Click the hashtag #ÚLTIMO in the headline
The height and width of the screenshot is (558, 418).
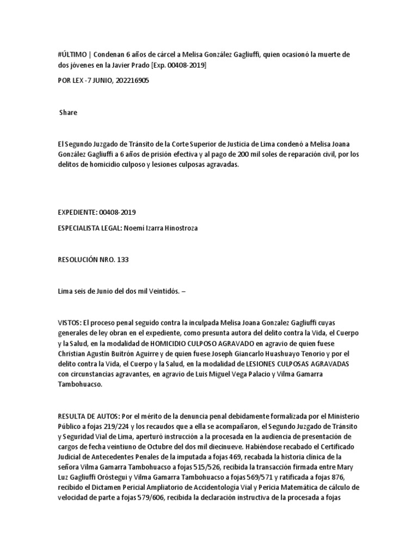[72, 54]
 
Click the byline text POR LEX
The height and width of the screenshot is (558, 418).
[70, 81]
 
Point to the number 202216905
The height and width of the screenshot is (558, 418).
[129, 81]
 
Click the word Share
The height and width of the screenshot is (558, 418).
[68, 113]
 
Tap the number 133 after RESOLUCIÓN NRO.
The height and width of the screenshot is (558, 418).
[122, 260]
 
